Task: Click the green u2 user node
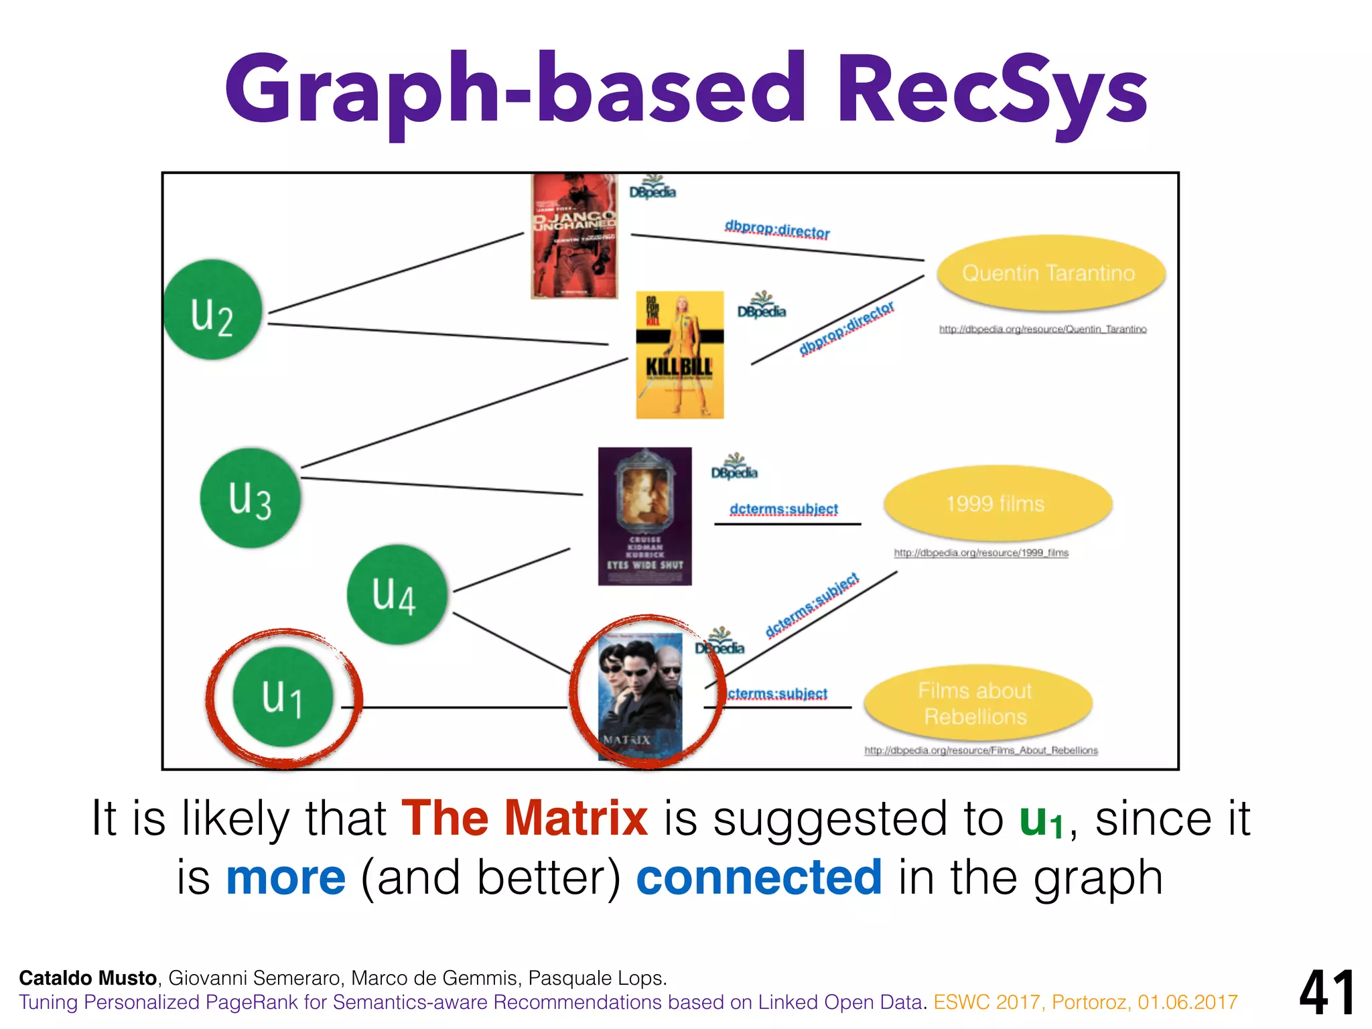[213, 310]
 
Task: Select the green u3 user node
[250, 498]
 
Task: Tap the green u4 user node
[397, 594]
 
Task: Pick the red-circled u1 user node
[283, 697]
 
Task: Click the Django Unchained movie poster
[574, 236]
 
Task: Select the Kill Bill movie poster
[679, 355]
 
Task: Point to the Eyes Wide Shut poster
[644, 516]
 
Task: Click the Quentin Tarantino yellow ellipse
[1050, 273]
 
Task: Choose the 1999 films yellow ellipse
[997, 504]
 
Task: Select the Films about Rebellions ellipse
[977, 703]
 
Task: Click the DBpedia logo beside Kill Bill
[761, 306]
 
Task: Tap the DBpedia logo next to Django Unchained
[653, 188]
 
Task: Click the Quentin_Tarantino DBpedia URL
[1042, 329]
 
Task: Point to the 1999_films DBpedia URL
[981, 553]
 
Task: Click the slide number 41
[1327, 993]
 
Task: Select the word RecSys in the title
[991, 90]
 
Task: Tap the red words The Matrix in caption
[525, 819]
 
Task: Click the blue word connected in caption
[758, 878]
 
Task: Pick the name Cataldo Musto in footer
[88, 978]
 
